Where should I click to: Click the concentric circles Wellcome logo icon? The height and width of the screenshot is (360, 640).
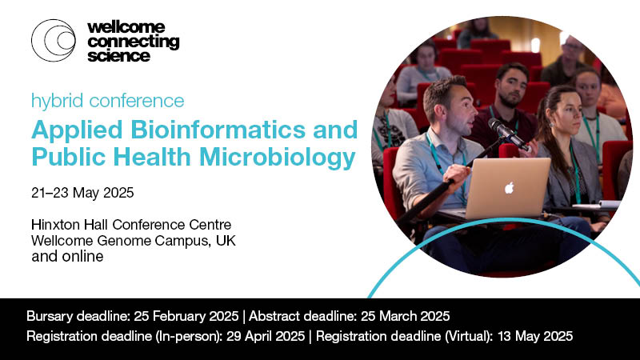click(x=53, y=41)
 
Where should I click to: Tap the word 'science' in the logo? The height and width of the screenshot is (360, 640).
click(x=119, y=56)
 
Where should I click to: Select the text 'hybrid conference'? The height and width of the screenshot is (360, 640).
click(x=107, y=101)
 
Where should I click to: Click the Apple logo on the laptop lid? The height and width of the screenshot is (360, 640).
click(x=509, y=187)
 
